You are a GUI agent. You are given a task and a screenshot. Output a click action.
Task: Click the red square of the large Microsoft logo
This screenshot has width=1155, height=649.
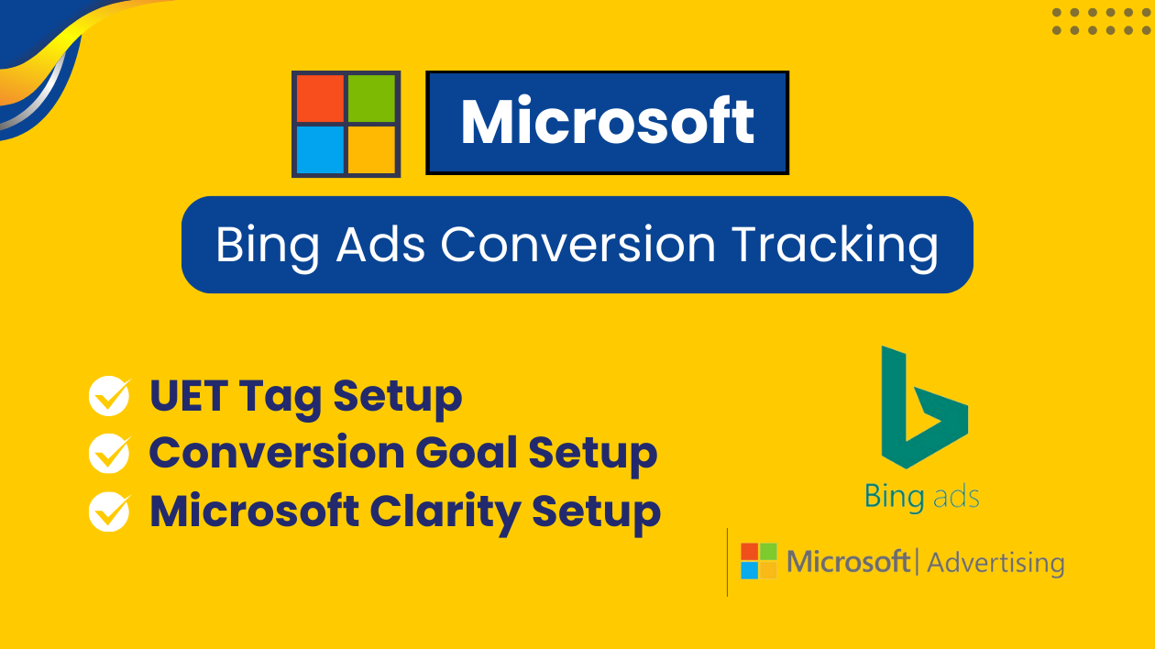(320, 98)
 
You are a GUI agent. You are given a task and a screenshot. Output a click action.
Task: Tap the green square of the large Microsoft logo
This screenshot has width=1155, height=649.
(372, 98)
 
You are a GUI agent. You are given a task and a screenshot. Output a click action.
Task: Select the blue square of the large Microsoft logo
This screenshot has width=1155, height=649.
(320, 150)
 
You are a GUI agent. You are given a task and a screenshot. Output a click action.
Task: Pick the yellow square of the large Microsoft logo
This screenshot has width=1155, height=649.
(372, 150)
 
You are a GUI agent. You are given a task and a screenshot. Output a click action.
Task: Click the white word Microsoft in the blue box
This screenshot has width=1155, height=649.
(608, 122)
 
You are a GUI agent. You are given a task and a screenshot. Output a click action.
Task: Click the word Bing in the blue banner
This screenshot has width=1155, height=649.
(268, 247)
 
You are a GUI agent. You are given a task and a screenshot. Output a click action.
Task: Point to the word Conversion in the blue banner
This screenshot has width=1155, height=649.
(578, 245)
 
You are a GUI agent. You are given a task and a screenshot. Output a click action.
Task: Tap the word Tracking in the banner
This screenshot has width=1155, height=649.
(835, 247)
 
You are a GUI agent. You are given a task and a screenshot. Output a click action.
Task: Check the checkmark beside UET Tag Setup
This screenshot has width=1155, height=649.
(109, 395)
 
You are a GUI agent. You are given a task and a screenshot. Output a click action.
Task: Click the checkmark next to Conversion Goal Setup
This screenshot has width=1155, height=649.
(109, 453)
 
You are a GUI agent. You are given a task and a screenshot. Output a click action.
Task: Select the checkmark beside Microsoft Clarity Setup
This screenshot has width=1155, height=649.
(109, 511)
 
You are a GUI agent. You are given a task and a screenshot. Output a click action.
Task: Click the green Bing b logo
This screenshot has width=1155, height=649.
(925, 407)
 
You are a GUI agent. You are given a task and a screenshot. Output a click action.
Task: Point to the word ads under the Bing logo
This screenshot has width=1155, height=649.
(956, 498)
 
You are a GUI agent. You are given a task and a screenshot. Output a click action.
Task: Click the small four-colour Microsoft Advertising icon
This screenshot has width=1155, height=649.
(758, 561)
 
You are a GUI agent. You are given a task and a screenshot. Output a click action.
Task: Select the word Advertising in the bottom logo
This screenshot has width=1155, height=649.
(995, 563)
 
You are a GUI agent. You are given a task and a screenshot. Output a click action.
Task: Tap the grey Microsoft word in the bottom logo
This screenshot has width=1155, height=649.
(848, 561)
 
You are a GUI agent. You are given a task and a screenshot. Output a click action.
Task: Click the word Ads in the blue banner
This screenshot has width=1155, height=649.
(381, 245)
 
